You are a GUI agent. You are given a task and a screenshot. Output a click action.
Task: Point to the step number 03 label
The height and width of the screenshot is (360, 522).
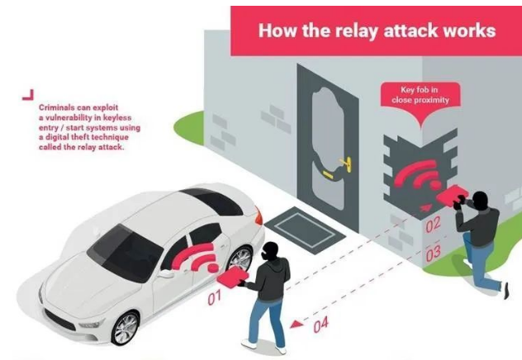click(x=433, y=253)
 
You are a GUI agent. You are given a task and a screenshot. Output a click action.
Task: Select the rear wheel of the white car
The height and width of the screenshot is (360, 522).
click(x=240, y=260)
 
